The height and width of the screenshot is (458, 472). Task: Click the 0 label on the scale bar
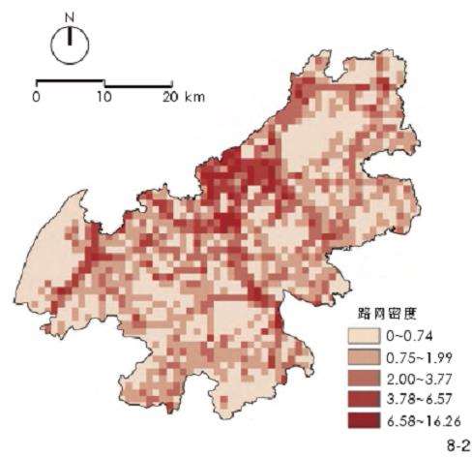36,97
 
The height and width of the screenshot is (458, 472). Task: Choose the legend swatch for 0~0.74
365,336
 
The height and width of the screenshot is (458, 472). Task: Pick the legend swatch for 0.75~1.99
365,357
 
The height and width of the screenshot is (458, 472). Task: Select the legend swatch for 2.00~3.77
365,379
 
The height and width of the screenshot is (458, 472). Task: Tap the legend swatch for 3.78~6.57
365,399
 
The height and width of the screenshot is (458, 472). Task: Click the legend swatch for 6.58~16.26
365,420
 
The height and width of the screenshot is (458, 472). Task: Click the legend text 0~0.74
410,336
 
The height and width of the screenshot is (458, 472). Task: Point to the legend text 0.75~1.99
417,357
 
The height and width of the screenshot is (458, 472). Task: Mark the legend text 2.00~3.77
417,379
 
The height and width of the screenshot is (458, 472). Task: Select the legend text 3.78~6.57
417,399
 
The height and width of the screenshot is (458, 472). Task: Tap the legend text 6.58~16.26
421,420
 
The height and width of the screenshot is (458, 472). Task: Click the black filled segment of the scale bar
71,81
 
